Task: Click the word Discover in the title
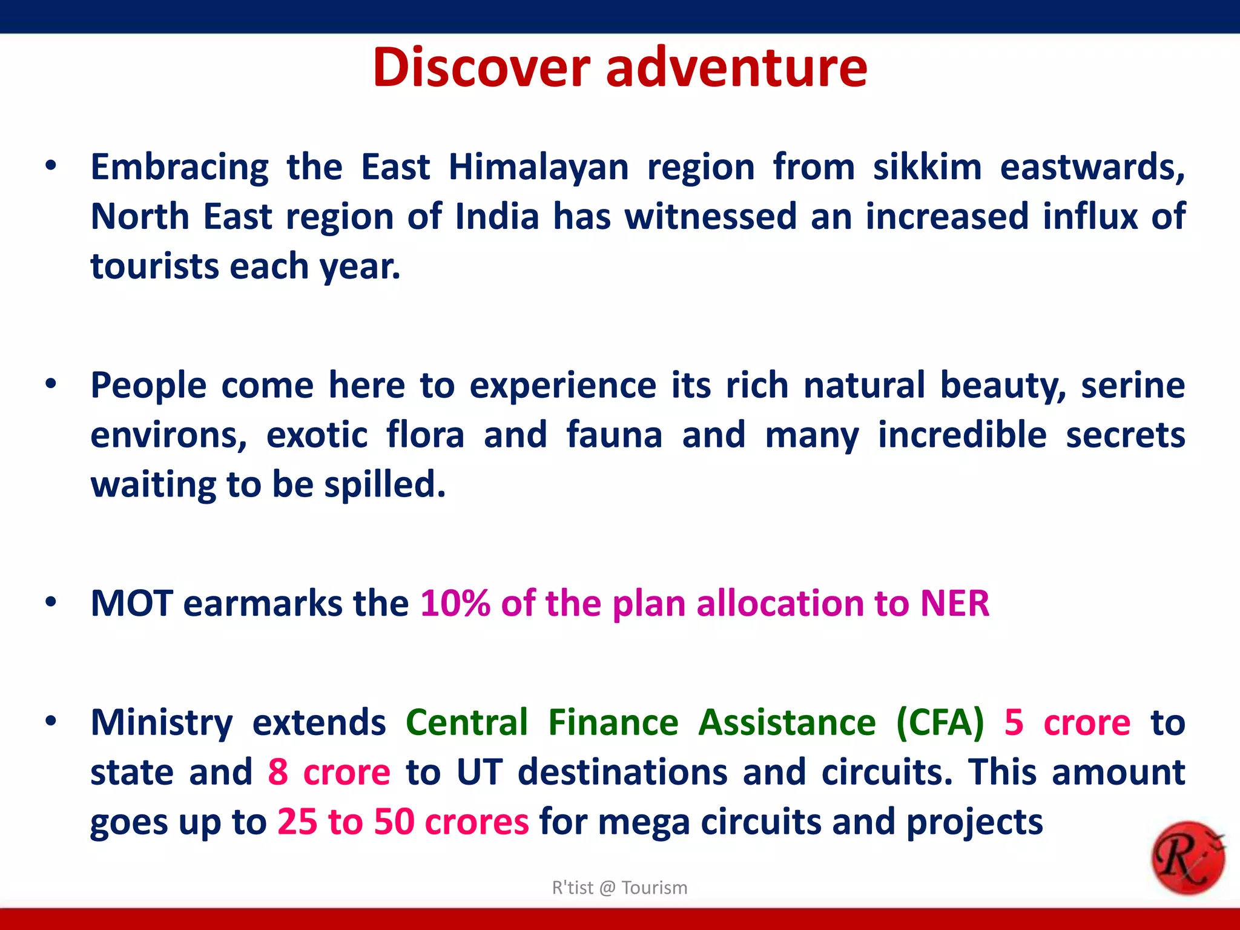(x=481, y=68)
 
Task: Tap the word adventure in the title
(x=736, y=68)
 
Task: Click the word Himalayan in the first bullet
(x=538, y=167)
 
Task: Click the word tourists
(x=154, y=266)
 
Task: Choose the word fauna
(x=614, y=435)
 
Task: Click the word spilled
(x=384, y=484)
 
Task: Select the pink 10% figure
(x=455, y=604)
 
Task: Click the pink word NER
(x=954, y=604)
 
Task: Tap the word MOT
(x=131, y=604)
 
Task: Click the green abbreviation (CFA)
(x=940, y=722)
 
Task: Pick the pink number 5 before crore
(x=1014, y=722)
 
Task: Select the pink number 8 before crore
(x=278, y=772)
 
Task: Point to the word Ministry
(x=161, y=722)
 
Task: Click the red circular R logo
(x=1187, y=858)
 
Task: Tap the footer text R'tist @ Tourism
(x=619, y=888)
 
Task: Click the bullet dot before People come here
(x=51, y=383)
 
